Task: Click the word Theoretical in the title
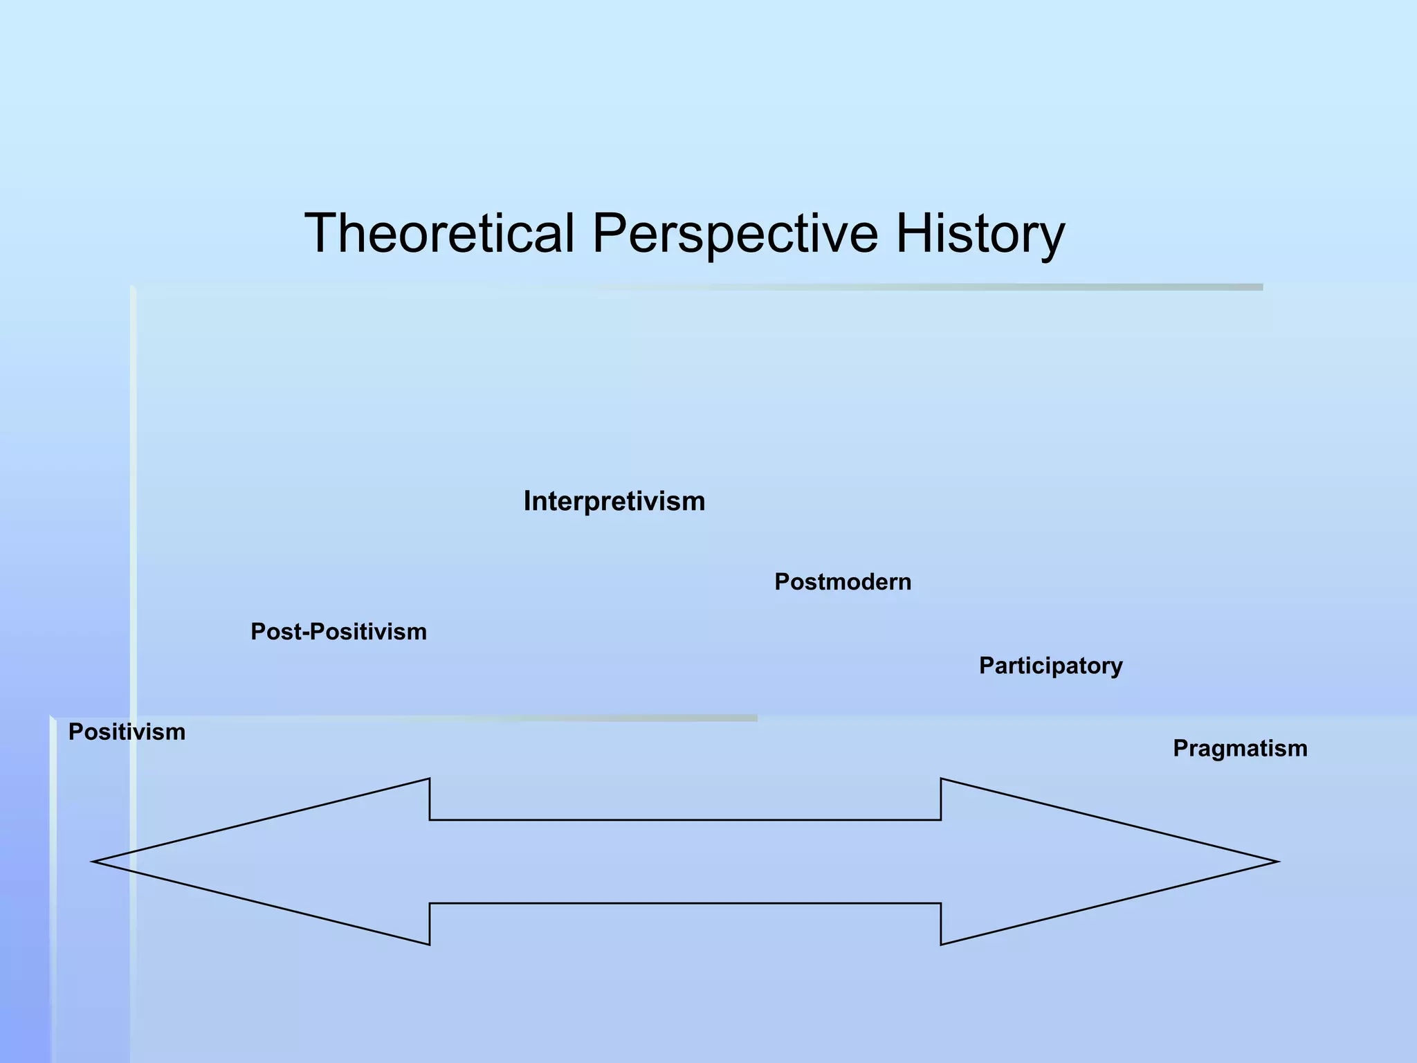point(440,233)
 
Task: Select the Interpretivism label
point(614,501)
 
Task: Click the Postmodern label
point(843,582)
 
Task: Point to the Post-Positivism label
point(338,632)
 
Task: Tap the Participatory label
point(1050,666)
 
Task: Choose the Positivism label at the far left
point(127,732)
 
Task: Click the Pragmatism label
point(1240,749)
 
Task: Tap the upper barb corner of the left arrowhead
point(429,780)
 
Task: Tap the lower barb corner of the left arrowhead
point(429,943)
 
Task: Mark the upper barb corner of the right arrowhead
point(942,780)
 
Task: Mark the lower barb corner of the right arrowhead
point(942,943)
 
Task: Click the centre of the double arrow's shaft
point(685,862)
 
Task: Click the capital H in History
point(913,233)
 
